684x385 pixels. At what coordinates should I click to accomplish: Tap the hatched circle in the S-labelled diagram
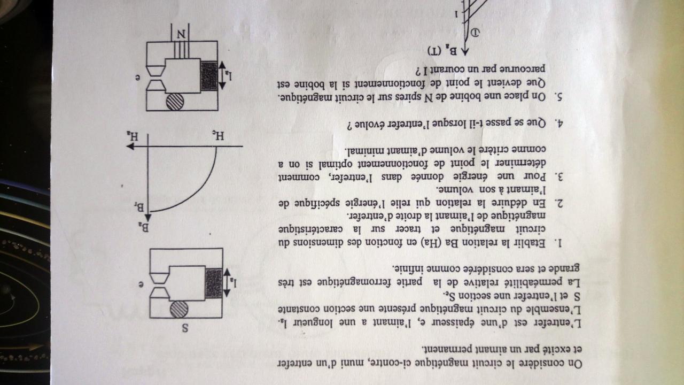click(179, 310)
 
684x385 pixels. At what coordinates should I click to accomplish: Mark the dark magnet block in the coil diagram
click(210, 75)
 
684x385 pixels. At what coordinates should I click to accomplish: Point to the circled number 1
click(477, 34)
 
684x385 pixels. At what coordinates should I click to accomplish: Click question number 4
click(559, 122)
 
